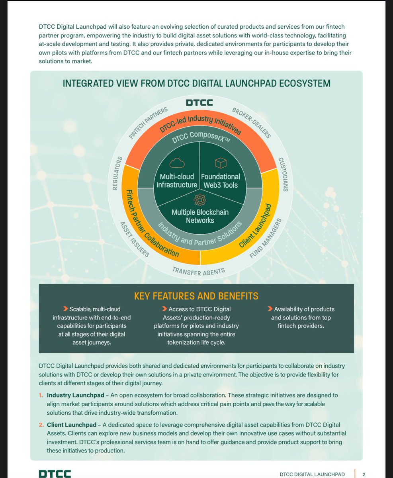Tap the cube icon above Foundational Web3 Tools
pos(221,163)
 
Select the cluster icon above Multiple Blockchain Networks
pos(200,200)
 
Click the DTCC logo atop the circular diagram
pos(199,103)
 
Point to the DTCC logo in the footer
pos(55,474)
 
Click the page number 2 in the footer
pos(364,474)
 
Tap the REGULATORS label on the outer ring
pos(117,173)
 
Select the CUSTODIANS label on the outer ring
pos(284,174)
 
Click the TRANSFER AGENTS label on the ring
pos(199,271)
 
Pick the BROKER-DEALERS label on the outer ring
pos(251,123)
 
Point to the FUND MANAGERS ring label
pos(266,238)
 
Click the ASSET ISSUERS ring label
pos(135,239)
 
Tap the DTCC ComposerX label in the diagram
pos(201,137)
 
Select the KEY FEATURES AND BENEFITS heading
pos(196,296)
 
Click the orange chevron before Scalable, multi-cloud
pos(65,309)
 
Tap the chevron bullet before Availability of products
pos(270,309)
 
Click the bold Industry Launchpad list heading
pos(75,395)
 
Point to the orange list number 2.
pos(41,425)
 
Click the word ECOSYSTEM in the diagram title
pos(305,83)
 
